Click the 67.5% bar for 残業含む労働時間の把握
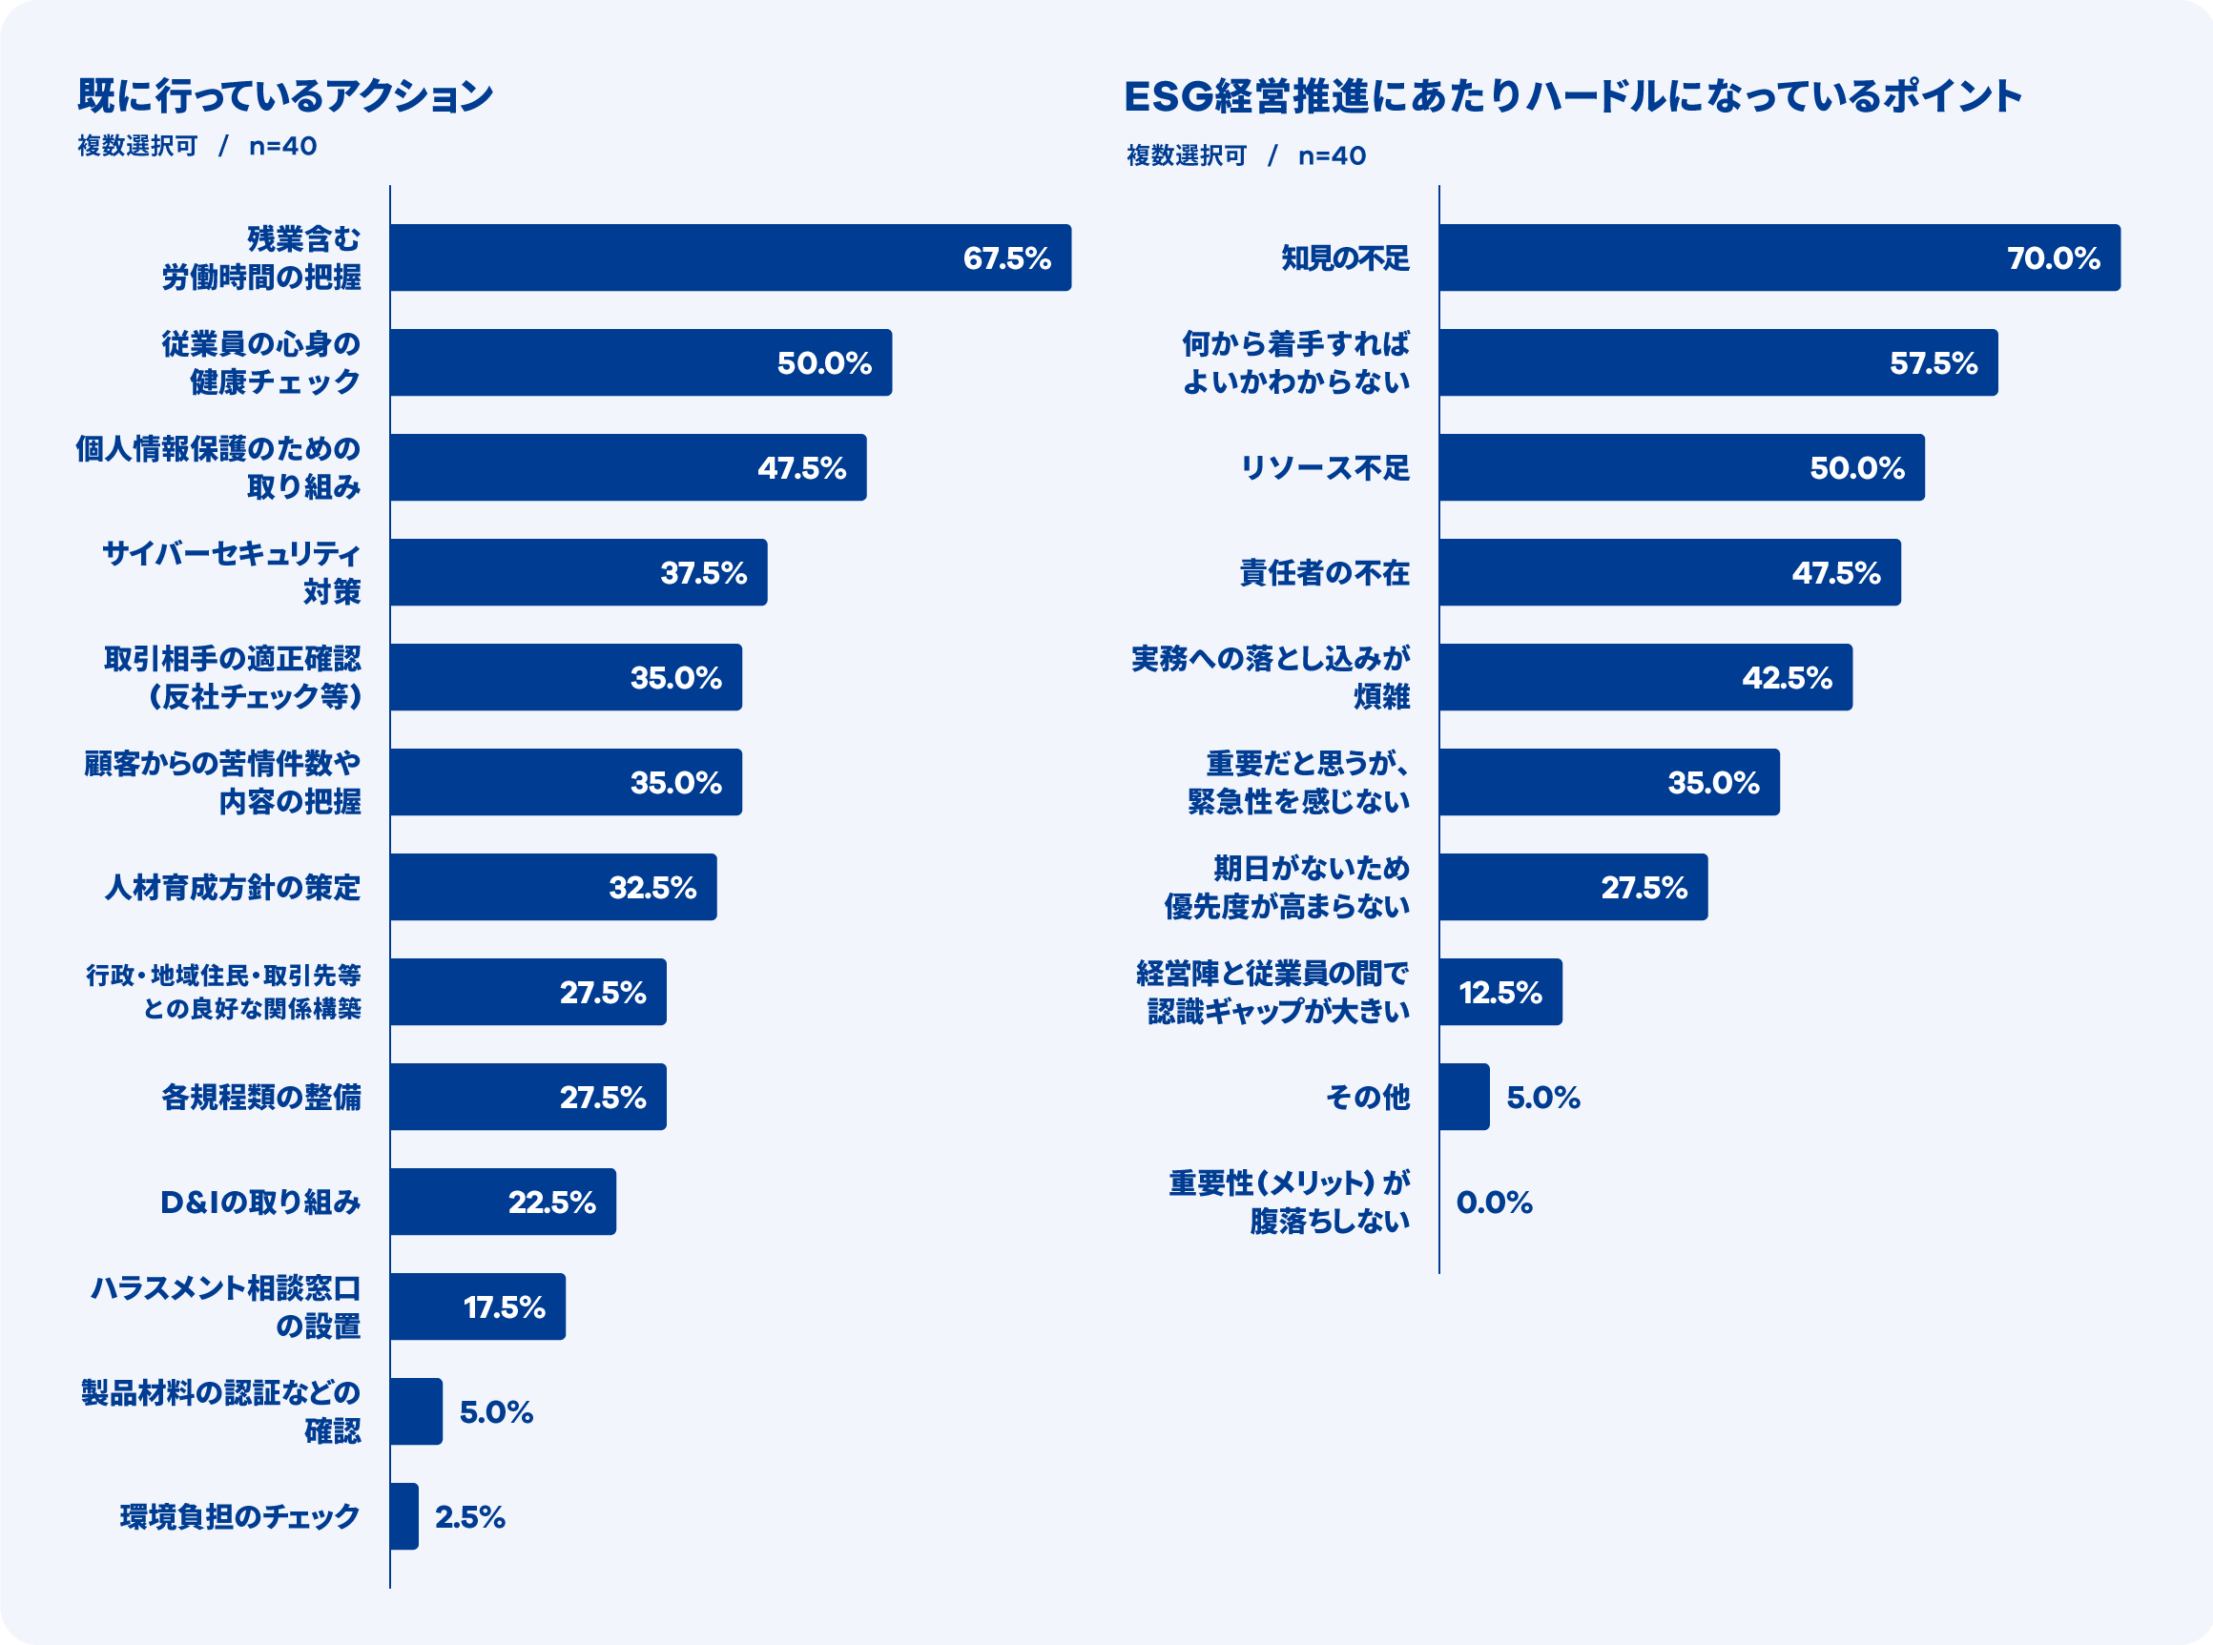coord(730,257)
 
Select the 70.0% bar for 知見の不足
coord(1779,257)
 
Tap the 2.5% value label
coord(470,1516)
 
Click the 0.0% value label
coord(1494,1202)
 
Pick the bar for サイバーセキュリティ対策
coord(578,572)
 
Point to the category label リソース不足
coord(1325,468)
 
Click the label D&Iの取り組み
coord(260,1202)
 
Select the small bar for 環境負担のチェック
coord(404,1516)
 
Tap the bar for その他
coord(1464,1097)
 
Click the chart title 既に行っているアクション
coord(286,95)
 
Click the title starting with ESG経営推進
coord(1573,96)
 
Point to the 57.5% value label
coord(1934,362)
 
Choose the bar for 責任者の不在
coord(1669,572)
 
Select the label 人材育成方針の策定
coord(233,887)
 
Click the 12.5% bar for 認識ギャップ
coord(1499,992)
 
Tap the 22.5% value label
coord(551,1202)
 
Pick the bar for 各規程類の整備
coord(527,1097)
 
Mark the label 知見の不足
coord(1345,257)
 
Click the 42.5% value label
coord(1787,677)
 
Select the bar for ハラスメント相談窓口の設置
coord(477,1306)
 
